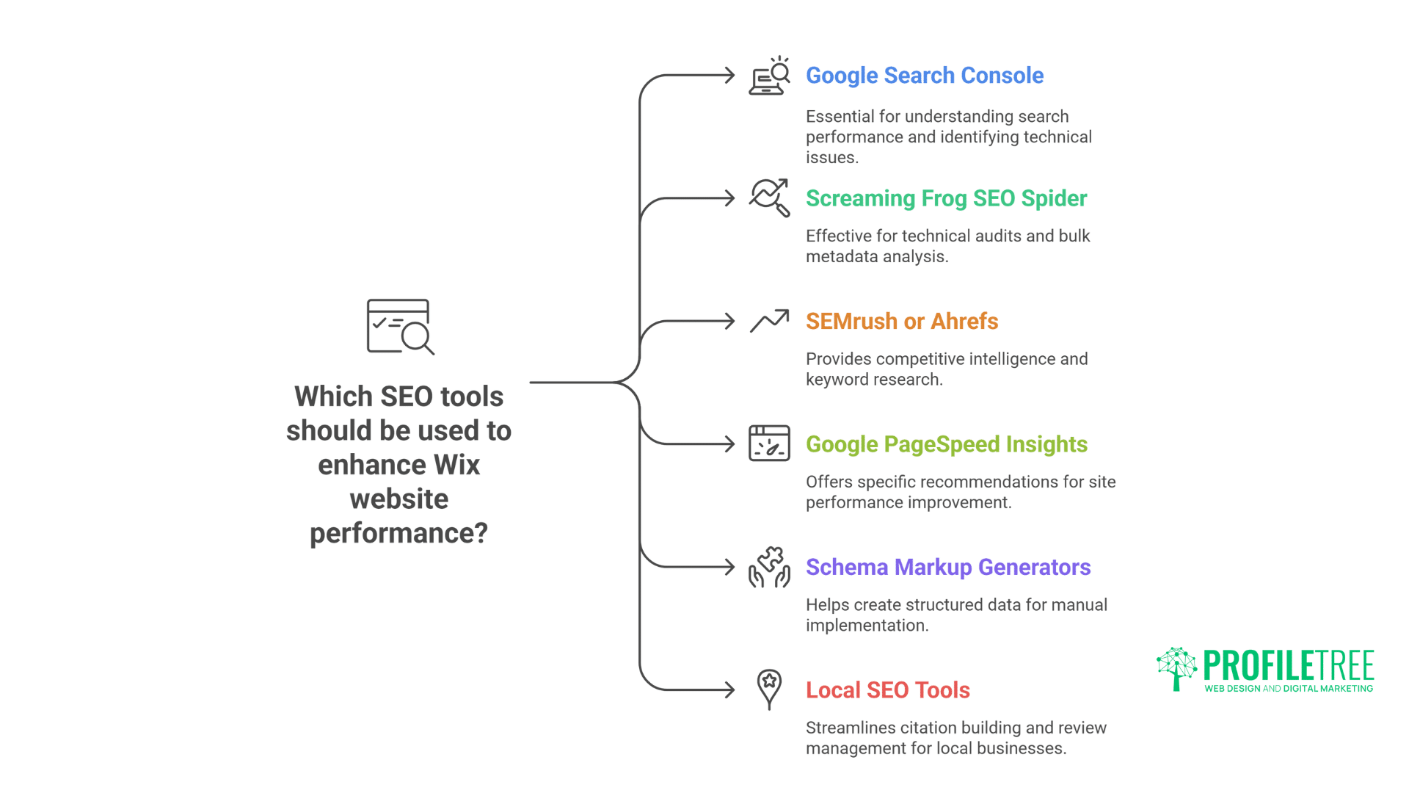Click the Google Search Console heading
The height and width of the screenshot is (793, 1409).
924,76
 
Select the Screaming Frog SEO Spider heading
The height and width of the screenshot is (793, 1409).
946,198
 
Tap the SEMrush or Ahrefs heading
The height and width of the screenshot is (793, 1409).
901,322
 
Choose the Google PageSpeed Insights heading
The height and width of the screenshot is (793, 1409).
946,444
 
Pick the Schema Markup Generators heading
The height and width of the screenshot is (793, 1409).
947,568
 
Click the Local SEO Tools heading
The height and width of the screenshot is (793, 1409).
887,690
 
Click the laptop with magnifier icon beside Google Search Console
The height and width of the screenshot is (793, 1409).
769,76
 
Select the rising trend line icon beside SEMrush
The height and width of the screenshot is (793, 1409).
769,321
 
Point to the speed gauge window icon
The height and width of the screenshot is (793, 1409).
769,443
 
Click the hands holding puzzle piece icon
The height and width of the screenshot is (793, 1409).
769,567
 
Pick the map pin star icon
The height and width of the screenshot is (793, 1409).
769,689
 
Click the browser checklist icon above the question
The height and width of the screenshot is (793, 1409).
400,327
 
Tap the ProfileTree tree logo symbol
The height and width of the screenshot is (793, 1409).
1176,668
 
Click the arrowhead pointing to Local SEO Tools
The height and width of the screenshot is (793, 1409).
729,690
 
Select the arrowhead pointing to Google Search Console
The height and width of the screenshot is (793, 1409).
729,76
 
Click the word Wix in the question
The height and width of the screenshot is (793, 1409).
456,465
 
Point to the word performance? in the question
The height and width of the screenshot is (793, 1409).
398,533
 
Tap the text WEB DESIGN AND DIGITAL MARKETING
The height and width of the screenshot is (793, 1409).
1288,689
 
